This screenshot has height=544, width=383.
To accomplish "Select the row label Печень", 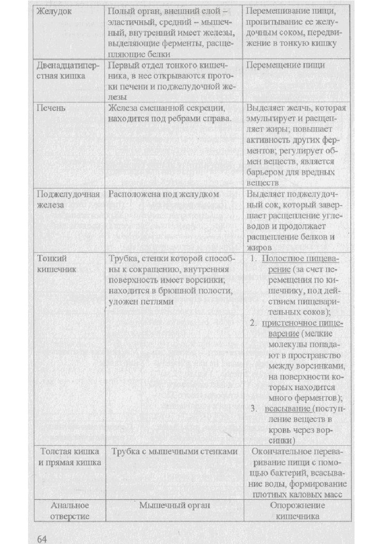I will click(x=51, y=108).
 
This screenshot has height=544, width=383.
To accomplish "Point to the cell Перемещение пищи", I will click(x=286, y=65).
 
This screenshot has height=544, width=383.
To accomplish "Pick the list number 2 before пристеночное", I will click(x=254, y=324).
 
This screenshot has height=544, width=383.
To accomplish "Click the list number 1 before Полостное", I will click(x=254, y=259).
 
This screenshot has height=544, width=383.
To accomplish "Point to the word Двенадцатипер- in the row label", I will click(x=66, y=65).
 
